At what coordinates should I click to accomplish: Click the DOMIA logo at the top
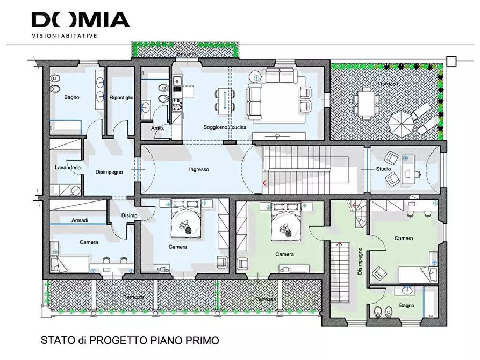81,20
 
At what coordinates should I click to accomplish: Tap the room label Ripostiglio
121,98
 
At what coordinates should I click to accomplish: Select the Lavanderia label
68,168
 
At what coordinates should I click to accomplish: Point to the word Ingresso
199,170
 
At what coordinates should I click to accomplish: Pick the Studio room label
383,169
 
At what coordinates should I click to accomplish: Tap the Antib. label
157,128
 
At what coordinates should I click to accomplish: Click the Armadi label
80,221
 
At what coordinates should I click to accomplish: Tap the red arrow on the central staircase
264,183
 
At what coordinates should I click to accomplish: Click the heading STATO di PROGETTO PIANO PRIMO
130,341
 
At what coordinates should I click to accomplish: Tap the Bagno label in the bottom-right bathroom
407,306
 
